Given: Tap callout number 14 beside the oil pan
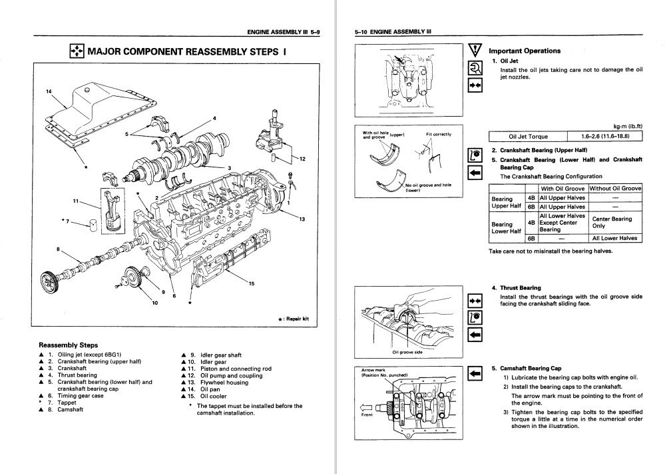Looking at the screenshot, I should [48, 91].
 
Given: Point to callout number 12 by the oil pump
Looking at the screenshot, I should [302, 159].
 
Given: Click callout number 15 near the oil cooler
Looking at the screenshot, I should [251, 284].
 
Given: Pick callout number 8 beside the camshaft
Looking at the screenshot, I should [58, 249].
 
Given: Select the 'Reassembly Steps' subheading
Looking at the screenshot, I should [69, 345].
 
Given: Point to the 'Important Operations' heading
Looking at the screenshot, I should [525, 51].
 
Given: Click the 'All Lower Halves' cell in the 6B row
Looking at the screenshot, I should [615, 238].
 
